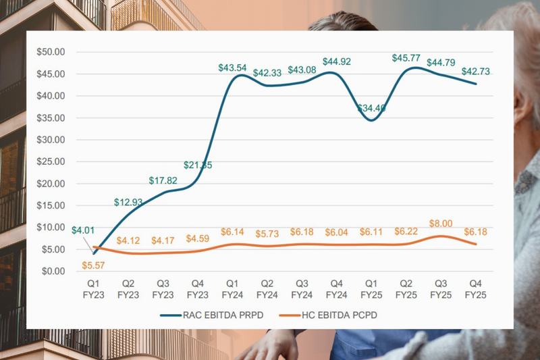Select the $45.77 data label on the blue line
tap(406, 58)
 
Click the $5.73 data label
tap(267, 234)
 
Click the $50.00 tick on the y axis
tap(51, 52)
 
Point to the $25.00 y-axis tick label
tap(51, 161)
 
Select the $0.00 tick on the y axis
tap(53, 272)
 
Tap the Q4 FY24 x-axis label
tap(337, 290)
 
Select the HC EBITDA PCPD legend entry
tap(324, 315)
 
